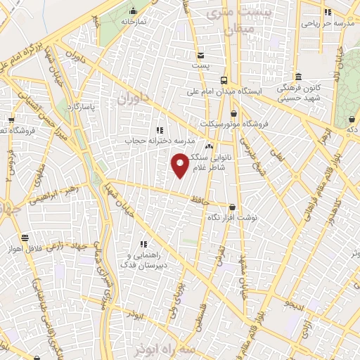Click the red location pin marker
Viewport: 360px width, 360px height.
click(181, 165)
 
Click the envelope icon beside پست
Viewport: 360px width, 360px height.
click(201, 55)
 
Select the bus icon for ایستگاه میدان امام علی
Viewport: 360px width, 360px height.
click(224, 80)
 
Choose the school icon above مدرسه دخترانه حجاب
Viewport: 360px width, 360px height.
click(160, 129)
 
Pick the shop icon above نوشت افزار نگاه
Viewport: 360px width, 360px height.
click(233, 207)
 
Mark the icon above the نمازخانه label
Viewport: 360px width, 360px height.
click(134, 11)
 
